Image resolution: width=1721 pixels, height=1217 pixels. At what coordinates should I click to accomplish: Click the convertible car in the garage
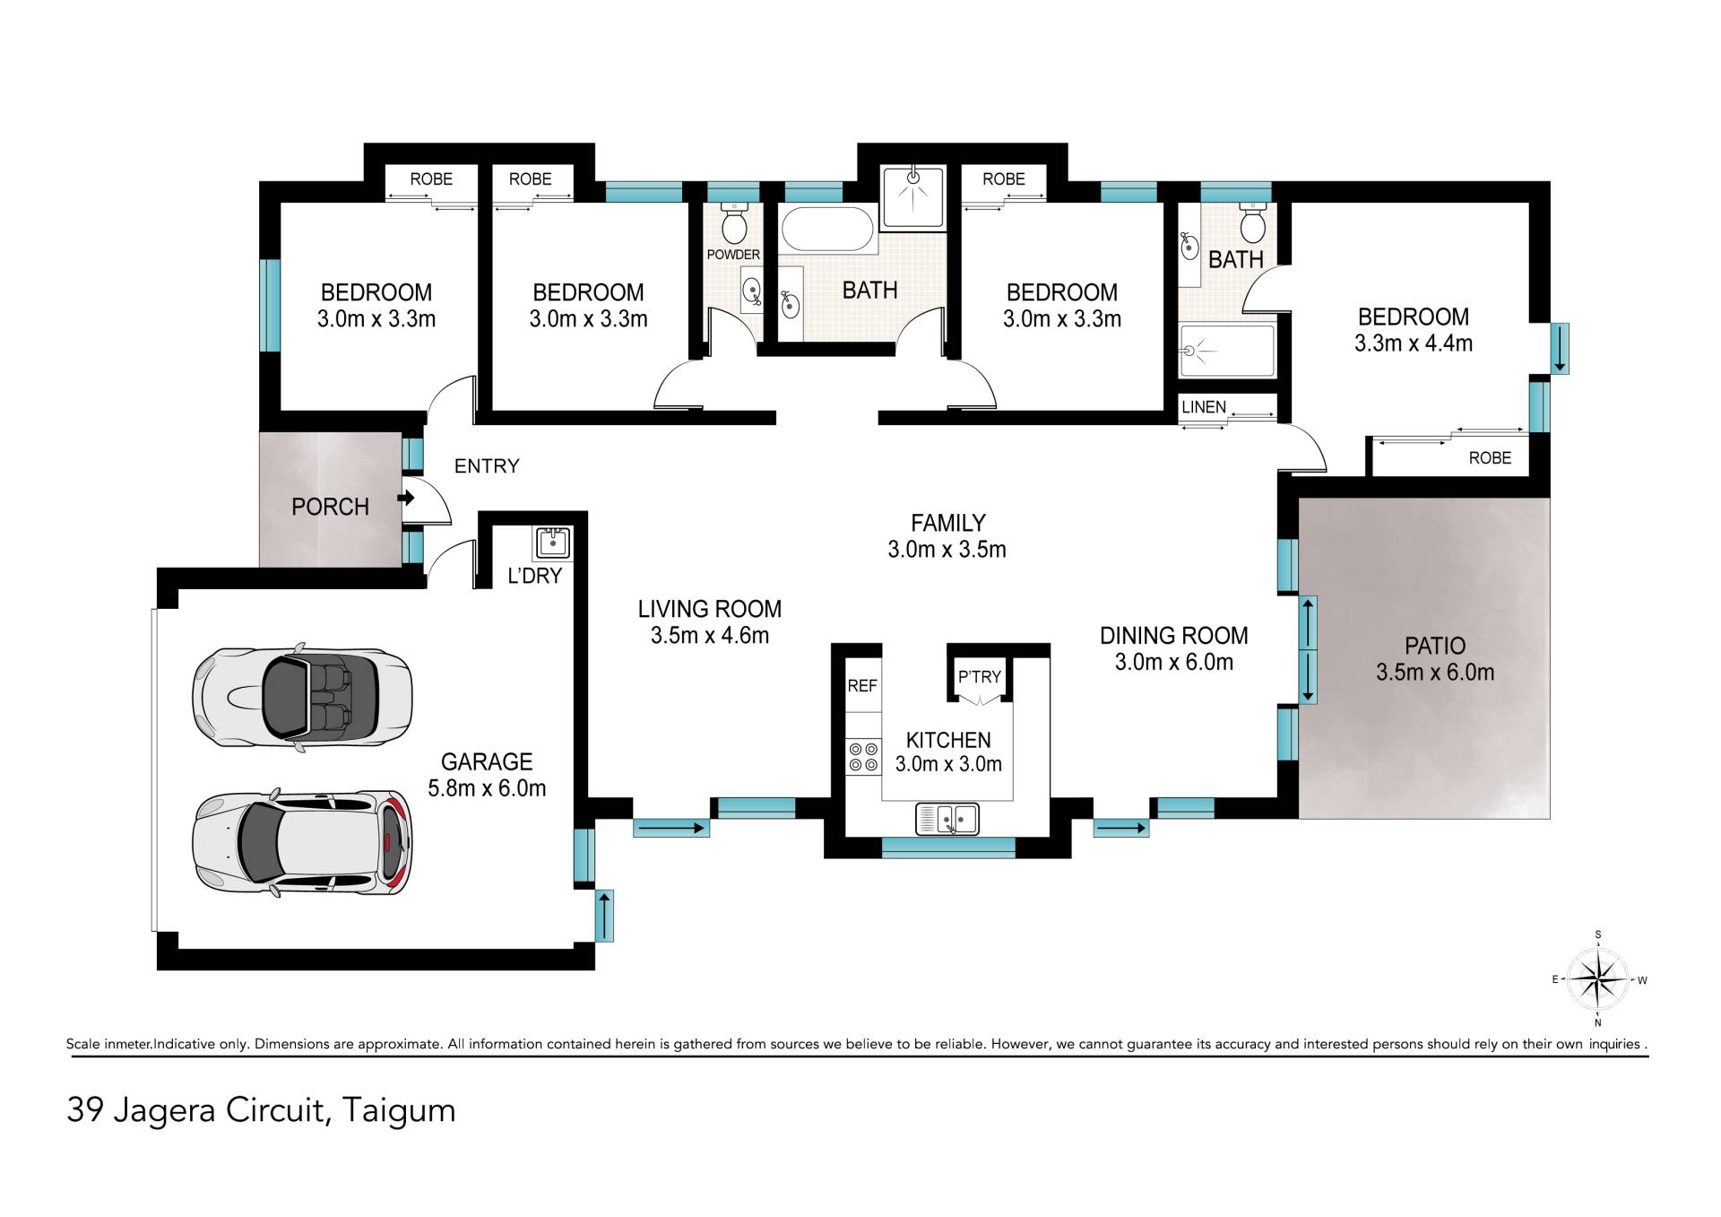pyautogui.click(x=302, y=697)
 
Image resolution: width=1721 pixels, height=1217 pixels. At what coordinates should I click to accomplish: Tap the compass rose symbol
pyautogui.click(x=1598, y=979)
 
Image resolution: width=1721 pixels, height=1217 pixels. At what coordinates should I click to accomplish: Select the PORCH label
pyautogui.click(x=330, y=507)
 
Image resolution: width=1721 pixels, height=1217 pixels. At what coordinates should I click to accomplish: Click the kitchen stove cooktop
pyautogui.click(x=863, y=756)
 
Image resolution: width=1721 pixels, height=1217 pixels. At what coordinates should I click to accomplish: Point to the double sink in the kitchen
pyautogui.click(x=947, y=818)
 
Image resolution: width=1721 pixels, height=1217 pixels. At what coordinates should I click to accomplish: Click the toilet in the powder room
pyautogui.click(x=735, y=223)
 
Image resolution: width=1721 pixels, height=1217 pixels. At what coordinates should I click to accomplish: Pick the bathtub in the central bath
pyautogui.click(x=827, y=230)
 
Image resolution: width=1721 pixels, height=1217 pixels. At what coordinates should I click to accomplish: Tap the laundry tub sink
pyautogui.click(x=552, y=543)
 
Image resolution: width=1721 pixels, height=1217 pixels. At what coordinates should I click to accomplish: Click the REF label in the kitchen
pyautogui.click(x=862, y=686)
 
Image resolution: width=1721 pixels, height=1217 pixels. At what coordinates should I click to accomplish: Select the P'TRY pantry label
pyautogui.click(x=979, y=677)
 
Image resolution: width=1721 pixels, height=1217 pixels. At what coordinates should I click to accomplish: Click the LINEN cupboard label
pyautogui.click(x=1203, y=407)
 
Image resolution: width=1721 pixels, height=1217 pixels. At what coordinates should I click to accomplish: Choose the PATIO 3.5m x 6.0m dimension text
pyautogui.click(x=1435, y=673)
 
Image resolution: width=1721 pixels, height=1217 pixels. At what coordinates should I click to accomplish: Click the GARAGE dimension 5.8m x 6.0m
pyautogui.click(x=487, y=788)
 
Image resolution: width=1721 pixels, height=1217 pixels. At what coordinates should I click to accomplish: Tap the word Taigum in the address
pyautogui.click(x=399, y=1111)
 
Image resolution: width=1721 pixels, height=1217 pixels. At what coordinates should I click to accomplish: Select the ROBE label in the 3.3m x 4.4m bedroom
pyautogui.click(x=1490, y=458)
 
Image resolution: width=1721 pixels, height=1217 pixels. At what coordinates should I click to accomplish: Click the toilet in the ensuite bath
pyautogui.click(x=1252, y=223)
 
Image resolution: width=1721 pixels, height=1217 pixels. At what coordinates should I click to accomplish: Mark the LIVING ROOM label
pyautogui.click(x=710, y=609)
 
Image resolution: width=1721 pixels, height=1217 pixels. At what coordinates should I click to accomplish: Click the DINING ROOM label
pyautogui.click(x=1174, y=636)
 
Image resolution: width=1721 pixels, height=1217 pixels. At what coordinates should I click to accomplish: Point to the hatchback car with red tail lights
pyautogui.click(x=303, y=843)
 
